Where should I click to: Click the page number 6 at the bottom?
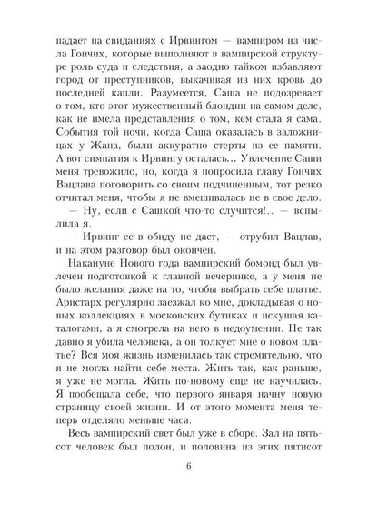tap(188, 469)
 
